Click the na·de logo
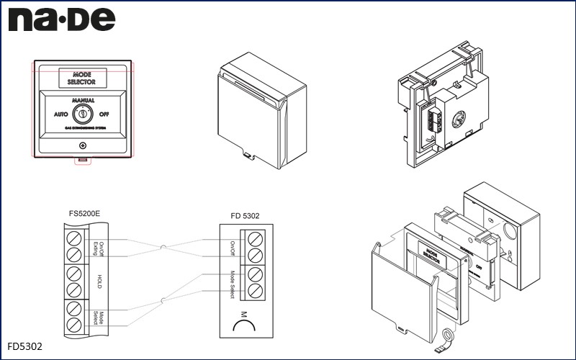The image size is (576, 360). (x=62, y=19)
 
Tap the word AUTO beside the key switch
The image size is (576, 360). (x=61, y=114)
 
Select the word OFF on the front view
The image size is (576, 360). (x=104, y=114)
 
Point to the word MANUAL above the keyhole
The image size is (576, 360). (x=83, y=101)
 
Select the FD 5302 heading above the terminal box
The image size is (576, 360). (x=246, y=214)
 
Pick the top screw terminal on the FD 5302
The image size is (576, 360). (x=254, y=238)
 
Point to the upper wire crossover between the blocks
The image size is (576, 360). (x=164, y=248)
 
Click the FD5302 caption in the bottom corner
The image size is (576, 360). (x=26, y=346)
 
